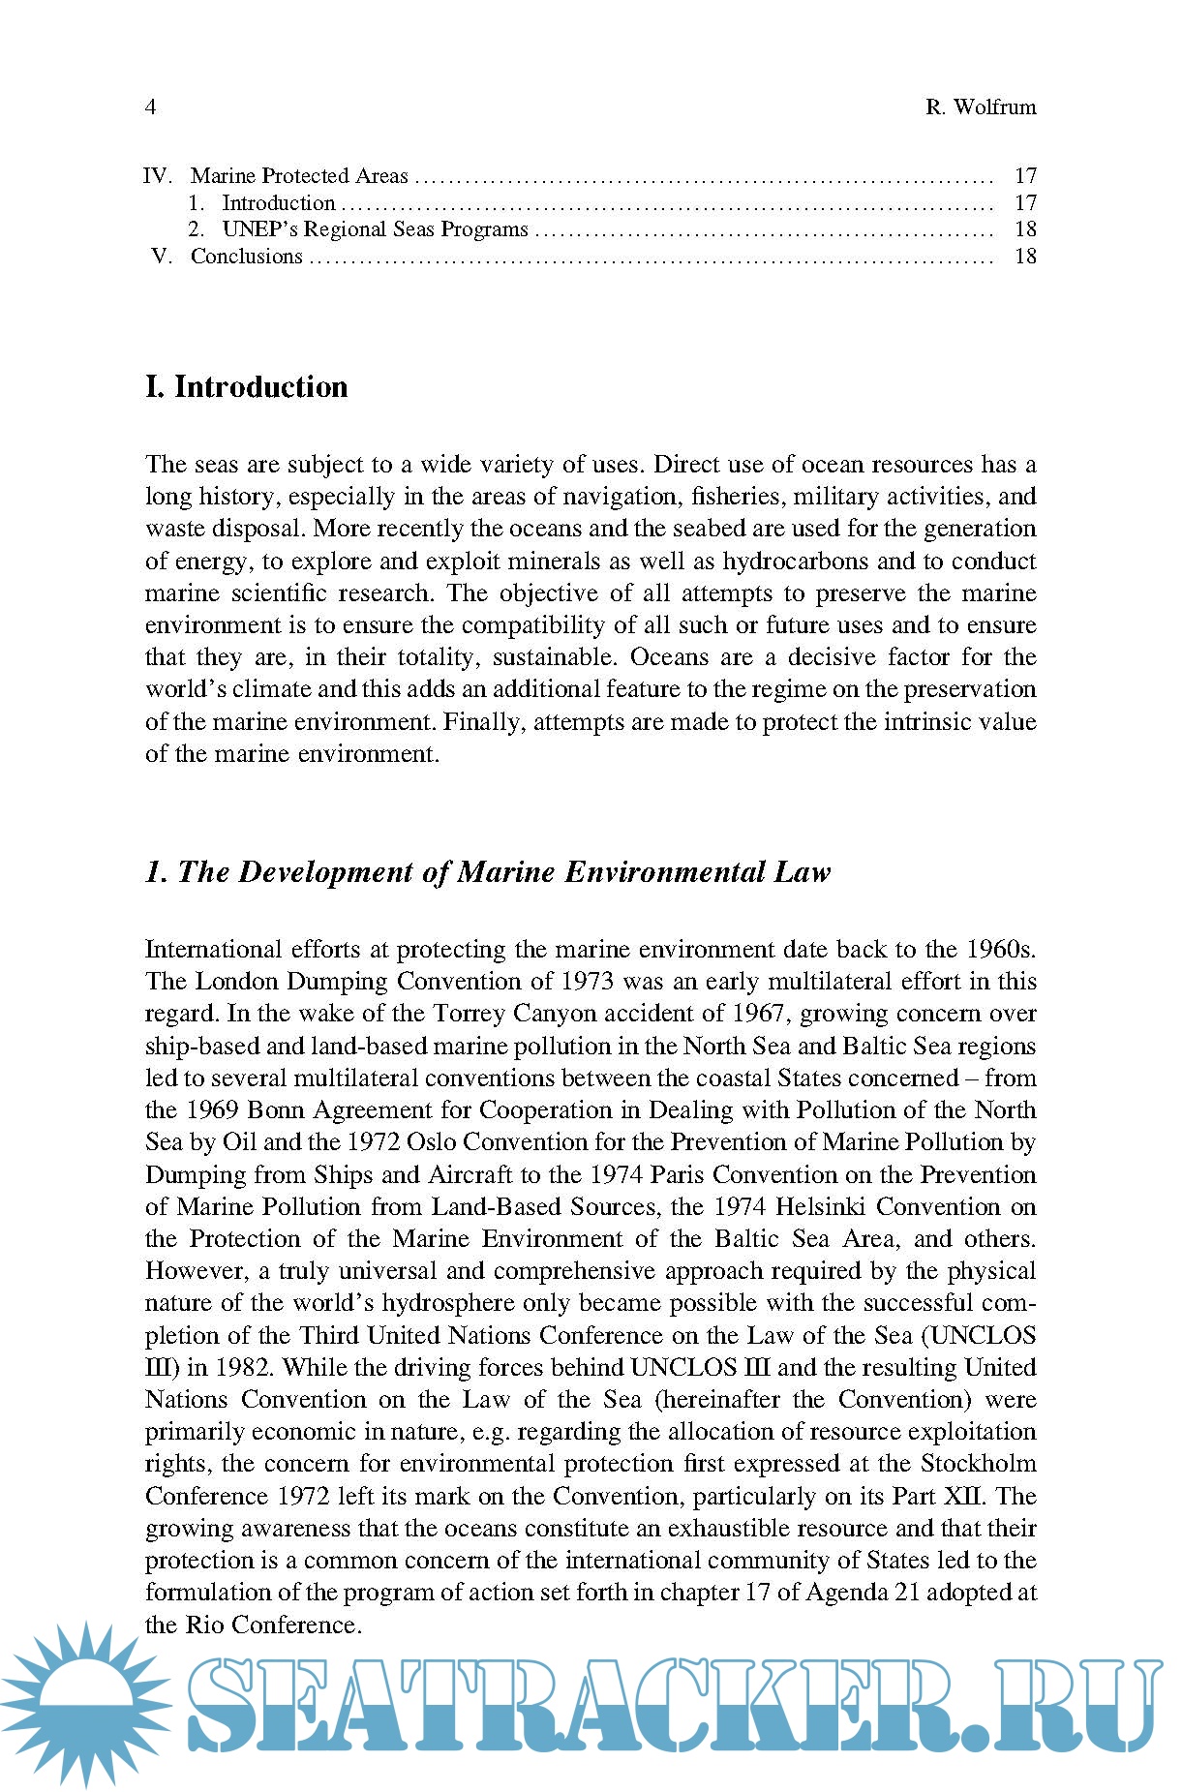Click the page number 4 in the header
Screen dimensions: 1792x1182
(x=150, y=106)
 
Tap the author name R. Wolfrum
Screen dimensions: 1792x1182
(x=980, y=106)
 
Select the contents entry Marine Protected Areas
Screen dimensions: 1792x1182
(x=299, y=176)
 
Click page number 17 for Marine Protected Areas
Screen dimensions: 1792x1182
(x=1025, y=176)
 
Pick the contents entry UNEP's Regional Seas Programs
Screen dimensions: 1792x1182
(x=375, y=229)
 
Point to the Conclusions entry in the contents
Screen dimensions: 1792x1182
(x=247, y=257)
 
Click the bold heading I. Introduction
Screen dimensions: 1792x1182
(x=246, y=386)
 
